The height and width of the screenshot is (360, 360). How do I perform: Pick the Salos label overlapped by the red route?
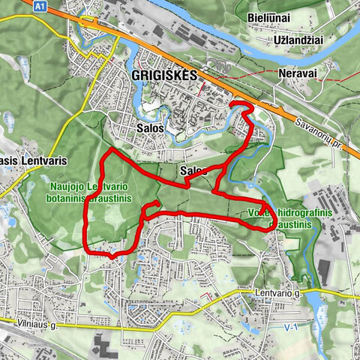tap(193, 171)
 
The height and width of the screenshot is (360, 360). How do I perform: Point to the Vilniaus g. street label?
tap(31, 326)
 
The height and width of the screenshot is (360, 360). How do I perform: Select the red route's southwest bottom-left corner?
tap(88, 250)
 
